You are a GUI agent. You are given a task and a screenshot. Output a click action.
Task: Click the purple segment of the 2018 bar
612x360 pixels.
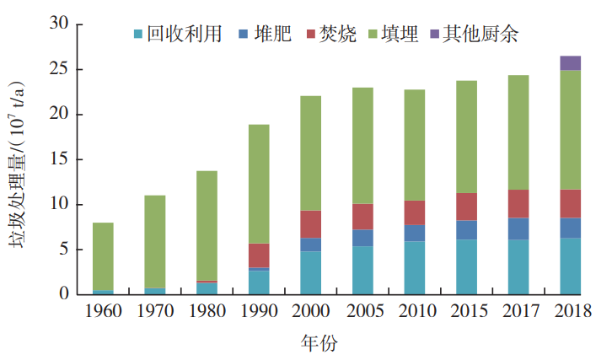coord(571,62)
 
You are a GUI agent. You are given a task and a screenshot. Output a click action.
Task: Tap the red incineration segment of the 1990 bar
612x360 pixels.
coord(259,255)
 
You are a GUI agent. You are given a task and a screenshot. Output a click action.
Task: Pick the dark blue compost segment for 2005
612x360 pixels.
coord(362,238)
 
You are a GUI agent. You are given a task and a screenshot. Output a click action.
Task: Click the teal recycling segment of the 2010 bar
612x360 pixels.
coord(415,267)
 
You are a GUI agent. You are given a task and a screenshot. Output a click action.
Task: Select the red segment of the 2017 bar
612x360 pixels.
coord(518,203)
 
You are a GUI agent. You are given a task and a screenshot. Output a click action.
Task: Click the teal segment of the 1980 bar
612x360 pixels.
coord(207,288)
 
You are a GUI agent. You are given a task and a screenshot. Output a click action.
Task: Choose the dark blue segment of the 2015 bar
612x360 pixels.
coord(466,229)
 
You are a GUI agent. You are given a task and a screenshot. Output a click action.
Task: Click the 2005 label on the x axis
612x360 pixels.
coord(362,313)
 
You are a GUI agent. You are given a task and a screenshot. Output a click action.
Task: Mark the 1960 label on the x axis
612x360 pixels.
coord(103,313)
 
